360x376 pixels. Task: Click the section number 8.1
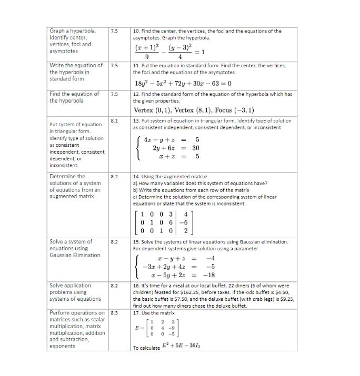[x=114, y=121]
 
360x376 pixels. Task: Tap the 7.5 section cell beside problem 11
[x=114, y=66]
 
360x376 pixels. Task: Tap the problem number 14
[x=136, y=177]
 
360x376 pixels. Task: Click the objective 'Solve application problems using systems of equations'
[x=75, y=292]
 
